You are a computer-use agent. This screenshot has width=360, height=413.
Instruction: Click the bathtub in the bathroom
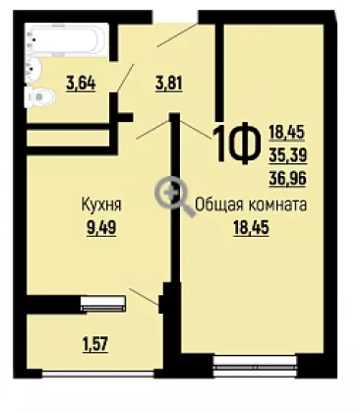[x=68, y=41]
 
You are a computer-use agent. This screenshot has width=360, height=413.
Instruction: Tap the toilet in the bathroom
[x=39, y=97]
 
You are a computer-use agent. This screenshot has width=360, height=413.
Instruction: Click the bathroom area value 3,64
[x=81, y=83]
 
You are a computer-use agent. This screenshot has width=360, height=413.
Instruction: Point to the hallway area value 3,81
[x=168, y=84]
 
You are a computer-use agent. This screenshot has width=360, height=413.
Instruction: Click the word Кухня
[x=101, y=206]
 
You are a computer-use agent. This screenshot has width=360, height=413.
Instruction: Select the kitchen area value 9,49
[x=101, y=227]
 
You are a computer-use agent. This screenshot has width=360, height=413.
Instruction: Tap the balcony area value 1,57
[x=96, y=344]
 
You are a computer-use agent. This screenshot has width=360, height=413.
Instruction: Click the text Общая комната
[x=251, y=206]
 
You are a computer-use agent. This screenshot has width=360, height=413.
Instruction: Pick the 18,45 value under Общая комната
[x=251, y=228]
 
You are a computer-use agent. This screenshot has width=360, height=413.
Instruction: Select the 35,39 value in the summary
[x=287, y=155]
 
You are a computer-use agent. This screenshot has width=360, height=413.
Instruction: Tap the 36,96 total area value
[x=287, y=179]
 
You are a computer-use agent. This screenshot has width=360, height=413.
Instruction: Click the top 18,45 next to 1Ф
[x=287, y=133]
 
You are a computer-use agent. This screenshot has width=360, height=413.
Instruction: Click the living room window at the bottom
[x=255, y=366]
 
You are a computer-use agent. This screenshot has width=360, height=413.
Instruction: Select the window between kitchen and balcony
[x=103, y=303]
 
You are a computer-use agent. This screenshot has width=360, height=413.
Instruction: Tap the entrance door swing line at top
[x=177, y=34]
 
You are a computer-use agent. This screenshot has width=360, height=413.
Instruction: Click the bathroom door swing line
[x=126, y=78]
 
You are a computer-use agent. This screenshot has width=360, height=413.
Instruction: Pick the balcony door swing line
[x=145, y=297]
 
